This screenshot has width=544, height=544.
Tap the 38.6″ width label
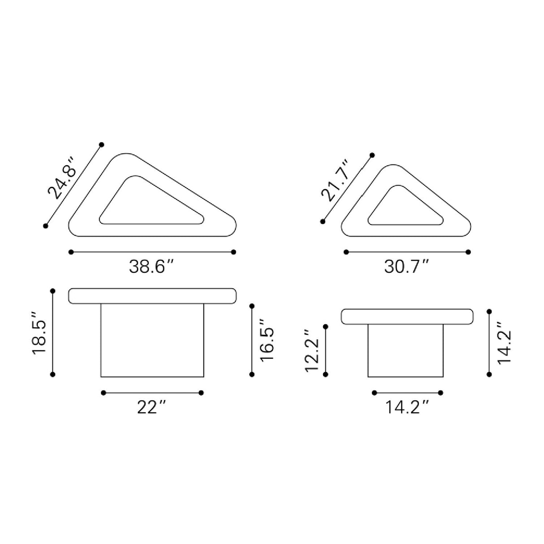(x=151, y=267)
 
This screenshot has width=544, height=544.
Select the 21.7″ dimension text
(x=335, y=181)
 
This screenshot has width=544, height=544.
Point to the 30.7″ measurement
(x=406, y=267)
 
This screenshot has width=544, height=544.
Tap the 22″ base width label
(x=151, y=407)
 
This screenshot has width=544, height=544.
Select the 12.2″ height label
(x=312, y=351)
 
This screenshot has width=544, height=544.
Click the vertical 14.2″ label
(x=505, y=343)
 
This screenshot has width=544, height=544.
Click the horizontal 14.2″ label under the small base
(x=407, y=407)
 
